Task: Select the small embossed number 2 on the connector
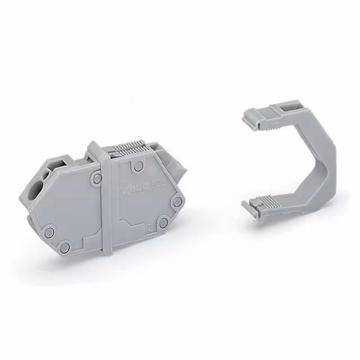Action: (148, 228)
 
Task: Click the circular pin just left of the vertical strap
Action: (97, 179)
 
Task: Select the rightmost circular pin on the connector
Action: (177, 201)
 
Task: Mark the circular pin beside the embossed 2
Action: (163, 223)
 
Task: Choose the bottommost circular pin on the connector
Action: (65, 246)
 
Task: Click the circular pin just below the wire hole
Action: (49, 231)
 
